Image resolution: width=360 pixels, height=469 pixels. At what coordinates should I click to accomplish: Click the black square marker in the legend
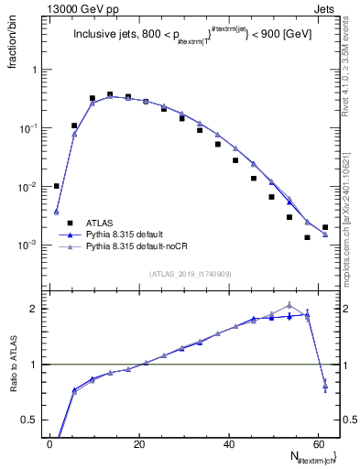pyautogui.click(x=70, y=222)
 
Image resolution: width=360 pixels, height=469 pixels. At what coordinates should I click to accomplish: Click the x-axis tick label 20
pyautogui.click(x=139, y=444)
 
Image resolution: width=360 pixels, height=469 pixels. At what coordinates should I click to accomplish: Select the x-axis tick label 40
pyautogui.click(x=229, y=444)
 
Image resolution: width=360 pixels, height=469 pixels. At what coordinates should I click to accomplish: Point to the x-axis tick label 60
pyautogui.click(x=319, y=444)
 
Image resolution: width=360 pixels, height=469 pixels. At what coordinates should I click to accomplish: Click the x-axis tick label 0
pyautogui.click(x=50, y=444)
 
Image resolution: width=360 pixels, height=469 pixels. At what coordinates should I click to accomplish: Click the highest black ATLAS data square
pyautogui.click(x=110, y=94)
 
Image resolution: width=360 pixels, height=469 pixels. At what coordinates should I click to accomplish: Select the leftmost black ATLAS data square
pyautogui.click(x=57, y=186)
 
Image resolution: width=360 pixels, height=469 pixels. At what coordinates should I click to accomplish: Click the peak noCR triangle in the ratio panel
pyautogui.click(x=289, y=305)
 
